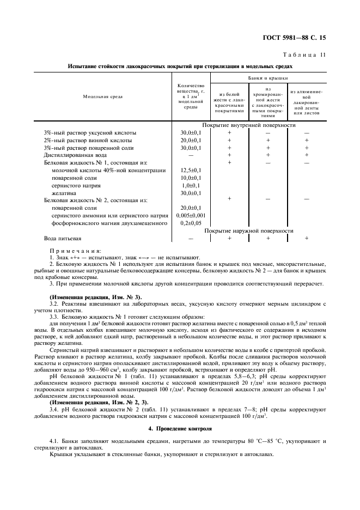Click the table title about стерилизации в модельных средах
[x=180, y=66]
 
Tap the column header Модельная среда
[x=102, y=96]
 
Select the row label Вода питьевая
[x=63, y=238]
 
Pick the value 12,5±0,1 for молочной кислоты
[x=191, y=170]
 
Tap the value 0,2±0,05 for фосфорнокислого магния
[x=191, y=223]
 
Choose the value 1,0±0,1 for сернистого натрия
[x=191, y=185]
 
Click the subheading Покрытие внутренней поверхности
[x=250, y=125]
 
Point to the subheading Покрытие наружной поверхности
[x=250, y=230]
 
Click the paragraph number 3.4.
[x=54, y=409]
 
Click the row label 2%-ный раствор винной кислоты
[x=87, y=140]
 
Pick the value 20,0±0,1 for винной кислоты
[x=191, y=140]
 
